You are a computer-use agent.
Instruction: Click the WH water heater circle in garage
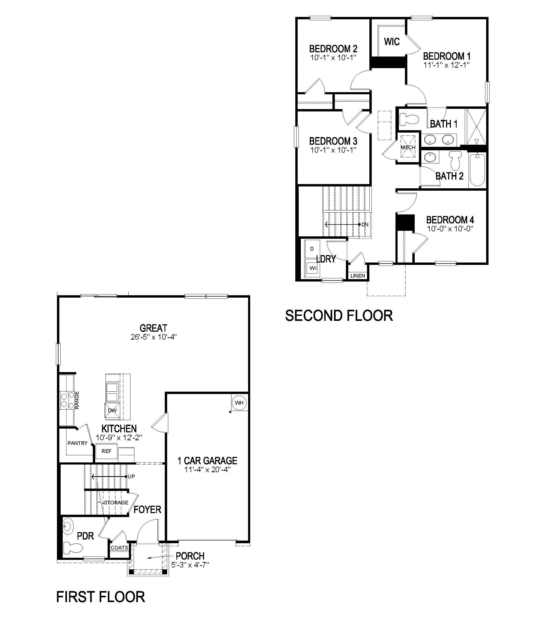[x=239, y=403]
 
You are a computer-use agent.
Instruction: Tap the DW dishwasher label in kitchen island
[x=112, y=410]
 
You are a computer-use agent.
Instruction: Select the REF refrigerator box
[x=106, y=451]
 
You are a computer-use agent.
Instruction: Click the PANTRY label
[x=78, y=443]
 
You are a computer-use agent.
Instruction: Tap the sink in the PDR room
[x=68, y=526]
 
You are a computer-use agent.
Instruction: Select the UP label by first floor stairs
[x=131, y=476]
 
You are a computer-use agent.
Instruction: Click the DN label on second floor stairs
[x=365, y=224]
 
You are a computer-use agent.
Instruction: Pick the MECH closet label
[x=408, y=147]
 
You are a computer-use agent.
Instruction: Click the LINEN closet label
[x=358, y=275]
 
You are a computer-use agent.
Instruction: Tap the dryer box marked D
[x=312, y=249]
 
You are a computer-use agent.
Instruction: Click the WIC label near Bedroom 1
[x=392, y=41]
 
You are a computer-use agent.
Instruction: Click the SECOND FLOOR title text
[x=339, y=316]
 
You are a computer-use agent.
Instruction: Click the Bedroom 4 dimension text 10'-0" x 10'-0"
[x=450, y=228]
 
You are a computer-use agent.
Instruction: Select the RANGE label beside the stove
[x=77, y=400]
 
